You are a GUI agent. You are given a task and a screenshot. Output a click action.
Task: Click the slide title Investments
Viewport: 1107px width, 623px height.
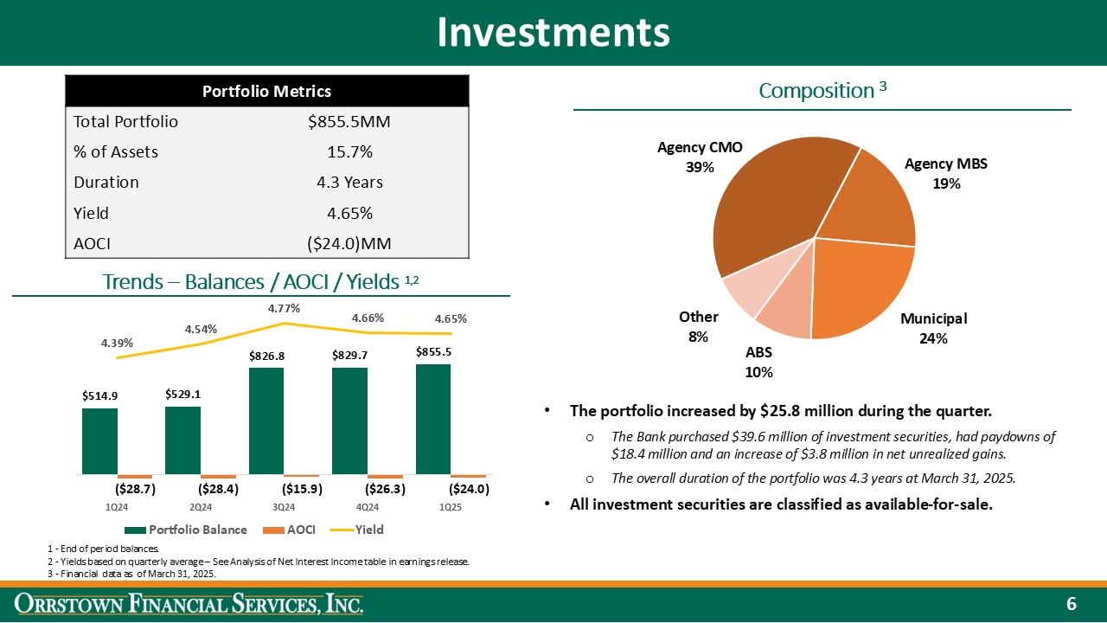coord(553,33)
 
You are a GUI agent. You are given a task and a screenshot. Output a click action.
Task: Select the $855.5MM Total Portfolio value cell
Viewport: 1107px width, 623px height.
coord(349,122)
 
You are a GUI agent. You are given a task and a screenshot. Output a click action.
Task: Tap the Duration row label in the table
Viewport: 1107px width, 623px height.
coord(106,183)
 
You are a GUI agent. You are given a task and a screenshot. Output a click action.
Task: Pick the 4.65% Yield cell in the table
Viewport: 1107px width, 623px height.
coord(349,213)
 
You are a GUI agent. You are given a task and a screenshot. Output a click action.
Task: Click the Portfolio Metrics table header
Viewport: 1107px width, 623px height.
coord(266,91)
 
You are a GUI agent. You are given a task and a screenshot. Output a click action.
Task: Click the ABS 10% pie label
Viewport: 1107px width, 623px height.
coord(758,363)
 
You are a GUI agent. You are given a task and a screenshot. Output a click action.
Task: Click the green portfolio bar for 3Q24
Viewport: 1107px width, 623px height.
coord(266,421)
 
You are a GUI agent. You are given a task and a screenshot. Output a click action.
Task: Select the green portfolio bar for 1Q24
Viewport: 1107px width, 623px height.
coord(99,440)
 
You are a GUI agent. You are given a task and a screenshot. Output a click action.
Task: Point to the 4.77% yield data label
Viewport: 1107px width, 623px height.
coord(284,307)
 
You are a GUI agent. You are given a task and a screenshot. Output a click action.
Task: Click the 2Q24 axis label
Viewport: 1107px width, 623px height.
coord(201,507)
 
